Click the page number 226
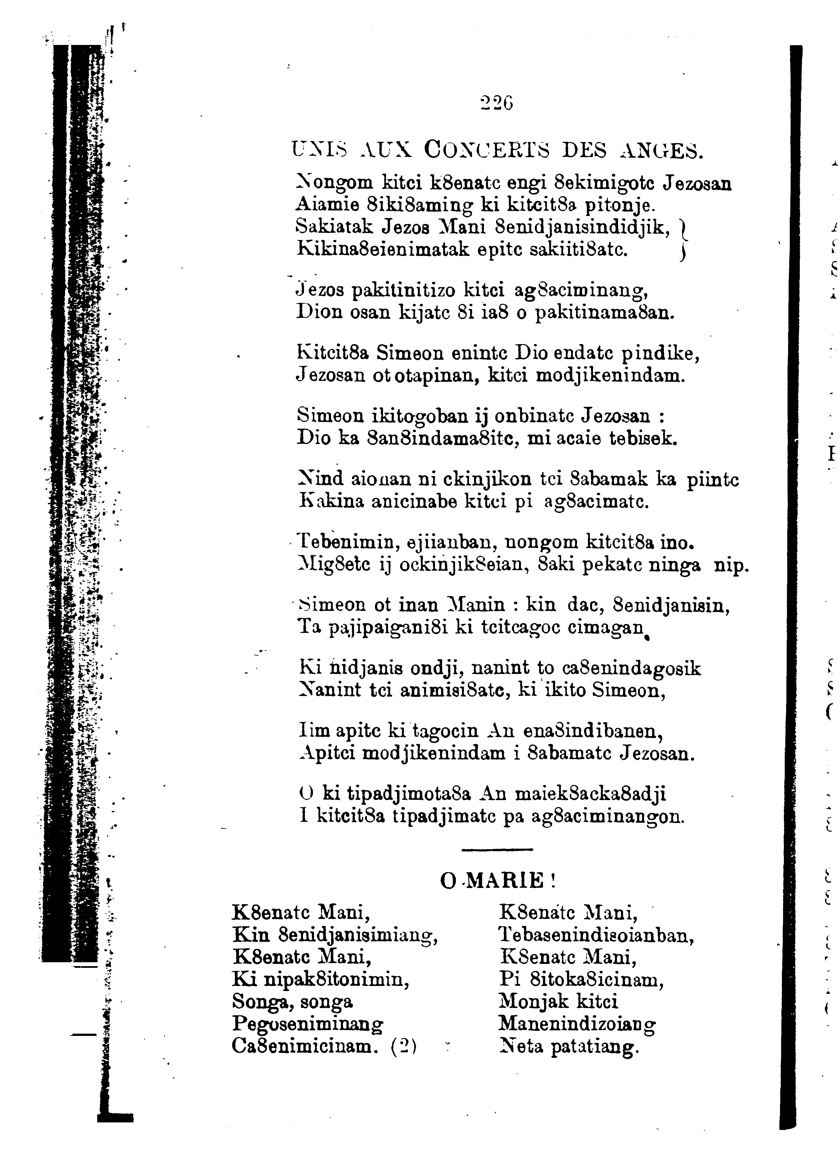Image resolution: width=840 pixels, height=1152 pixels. click(497, 103)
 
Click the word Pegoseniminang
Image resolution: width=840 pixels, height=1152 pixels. click(308, 1023)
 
